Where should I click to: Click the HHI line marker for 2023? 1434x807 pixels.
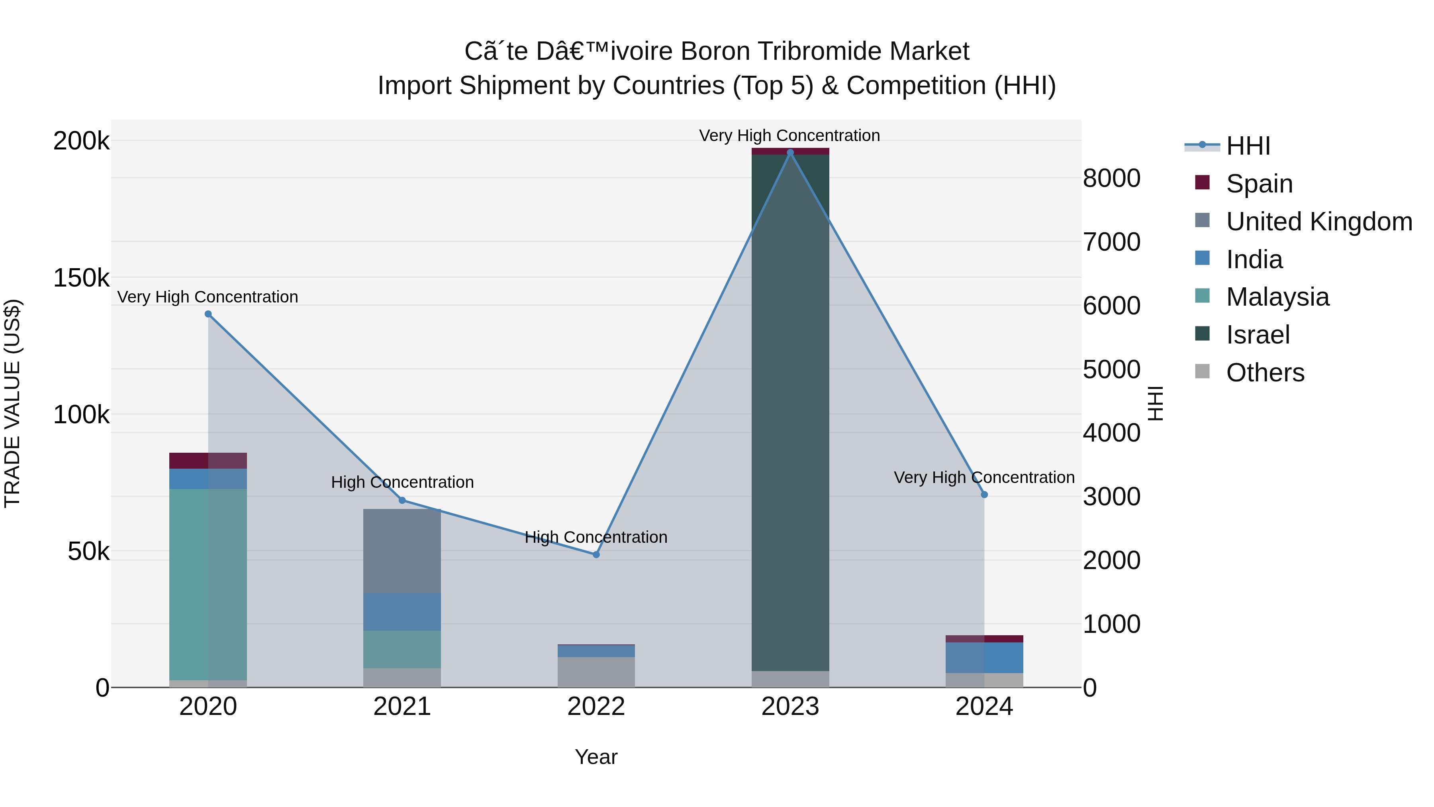[x=790, y=153]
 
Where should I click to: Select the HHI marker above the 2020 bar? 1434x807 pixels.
[x=208, y=314]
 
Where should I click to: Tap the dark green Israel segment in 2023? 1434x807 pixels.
[x=790, y=412]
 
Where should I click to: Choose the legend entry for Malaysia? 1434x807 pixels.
[x=1277, y=297]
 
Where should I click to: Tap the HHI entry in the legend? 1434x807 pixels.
[x=1248, y=146]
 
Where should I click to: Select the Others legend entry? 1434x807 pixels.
[x=1264, y=373]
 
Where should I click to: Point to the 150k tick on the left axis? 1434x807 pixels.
[x=81, y=278]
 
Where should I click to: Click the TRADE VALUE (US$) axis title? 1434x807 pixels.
[x=12, y=403]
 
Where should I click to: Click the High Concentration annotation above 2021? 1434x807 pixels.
[x=402, y=482]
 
